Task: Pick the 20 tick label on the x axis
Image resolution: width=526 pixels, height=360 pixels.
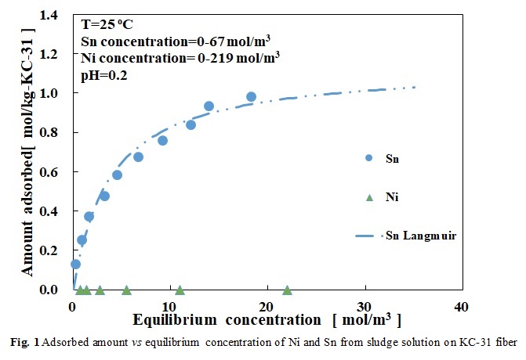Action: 267,304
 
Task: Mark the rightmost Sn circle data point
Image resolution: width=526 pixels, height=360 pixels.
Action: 251,97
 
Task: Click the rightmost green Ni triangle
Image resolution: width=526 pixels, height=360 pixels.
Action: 287,290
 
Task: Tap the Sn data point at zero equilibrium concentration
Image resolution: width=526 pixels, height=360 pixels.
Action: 75,265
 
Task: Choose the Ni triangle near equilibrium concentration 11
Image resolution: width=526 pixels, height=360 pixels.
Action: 180,290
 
